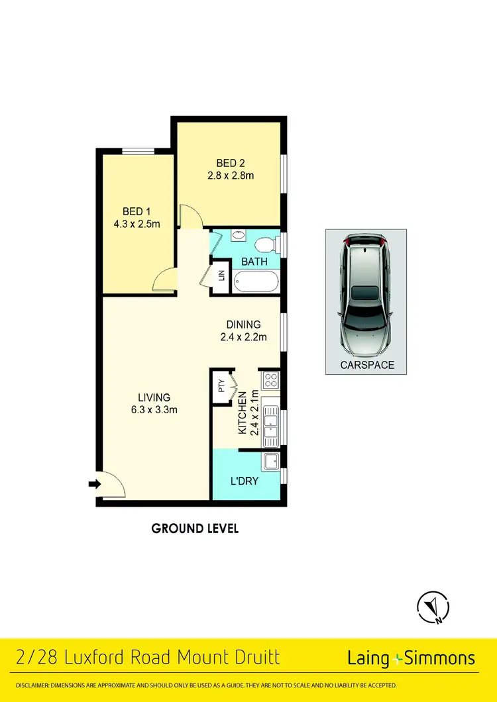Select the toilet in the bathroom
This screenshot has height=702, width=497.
pyautogui.click(x=266, y=245)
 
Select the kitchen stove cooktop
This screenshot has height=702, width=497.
pyautogui.click(x=270, y=380)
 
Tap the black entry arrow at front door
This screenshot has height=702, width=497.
pyautogui.click(x=94, y=484)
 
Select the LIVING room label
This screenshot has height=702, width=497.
pyautogui.click(x=154, y=397)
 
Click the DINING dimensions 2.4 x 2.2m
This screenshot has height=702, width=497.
pyautogui.click(x=243, y=337)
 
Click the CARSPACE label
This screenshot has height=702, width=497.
pyautogui.click(x=366, y=365)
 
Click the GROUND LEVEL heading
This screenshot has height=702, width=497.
pyautogui.click(x=195, y=528)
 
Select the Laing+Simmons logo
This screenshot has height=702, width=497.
pyautogui.click(x=411, y=658)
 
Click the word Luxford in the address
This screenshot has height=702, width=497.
pyautogui.click(x=91, y=657)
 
